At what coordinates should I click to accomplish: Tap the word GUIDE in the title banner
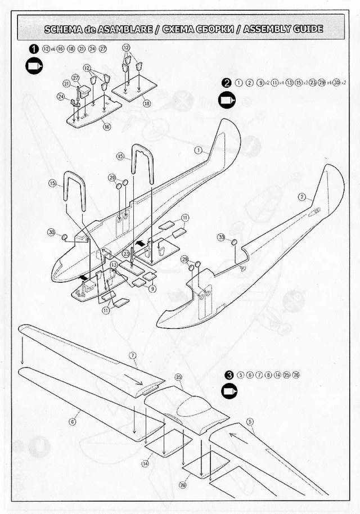point(309,29)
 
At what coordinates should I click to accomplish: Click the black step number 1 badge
point(34,49)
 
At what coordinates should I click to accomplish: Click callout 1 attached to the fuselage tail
point(199,150)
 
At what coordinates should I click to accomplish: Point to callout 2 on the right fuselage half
point(302,197)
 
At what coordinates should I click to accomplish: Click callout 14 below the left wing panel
point(145,464)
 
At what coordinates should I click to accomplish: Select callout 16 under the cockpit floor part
point(106,127)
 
